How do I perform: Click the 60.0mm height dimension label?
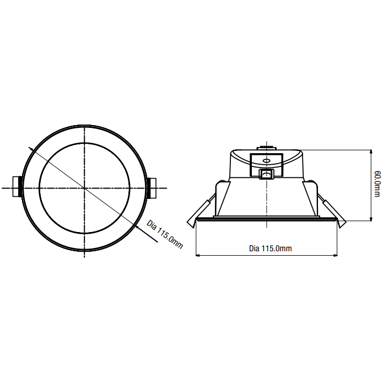[376, 184]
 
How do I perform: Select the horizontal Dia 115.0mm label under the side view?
[270, 249]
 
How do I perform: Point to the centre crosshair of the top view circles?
[84, 188]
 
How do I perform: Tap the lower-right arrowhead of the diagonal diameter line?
[137, 226]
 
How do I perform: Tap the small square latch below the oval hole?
[267, 174]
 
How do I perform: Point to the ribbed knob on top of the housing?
[267, 147]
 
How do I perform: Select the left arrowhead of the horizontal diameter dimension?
[198, 256]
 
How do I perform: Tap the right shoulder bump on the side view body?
[313, 182]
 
